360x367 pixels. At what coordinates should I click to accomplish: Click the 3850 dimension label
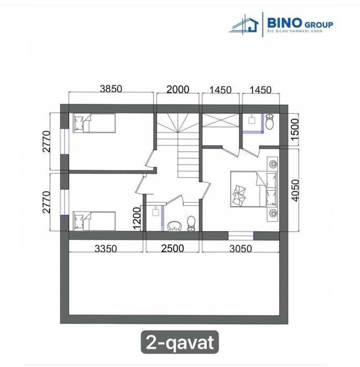point(111,89)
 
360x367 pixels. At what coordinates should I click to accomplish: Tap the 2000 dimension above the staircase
point(178,89)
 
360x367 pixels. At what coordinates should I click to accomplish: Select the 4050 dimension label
point(295,190)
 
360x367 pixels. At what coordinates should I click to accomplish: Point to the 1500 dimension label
point(295,129)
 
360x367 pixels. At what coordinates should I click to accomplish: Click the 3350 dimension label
point(105,248)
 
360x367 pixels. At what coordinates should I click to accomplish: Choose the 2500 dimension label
point(173,248)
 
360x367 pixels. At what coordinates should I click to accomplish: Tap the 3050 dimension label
point(241,249)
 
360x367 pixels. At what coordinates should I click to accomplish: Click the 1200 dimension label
point(136,218)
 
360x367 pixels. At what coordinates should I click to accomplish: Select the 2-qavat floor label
point(179,342)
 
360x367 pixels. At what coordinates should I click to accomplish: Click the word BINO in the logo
point(284,23)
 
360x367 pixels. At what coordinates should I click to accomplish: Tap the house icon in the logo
point(245,24)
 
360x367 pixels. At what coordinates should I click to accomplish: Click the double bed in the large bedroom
point(253,189)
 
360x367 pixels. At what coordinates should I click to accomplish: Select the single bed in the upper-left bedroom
point(94,123)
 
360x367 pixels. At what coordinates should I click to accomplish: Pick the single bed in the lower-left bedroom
point(94,221)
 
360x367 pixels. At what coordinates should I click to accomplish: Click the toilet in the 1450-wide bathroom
point(269,122)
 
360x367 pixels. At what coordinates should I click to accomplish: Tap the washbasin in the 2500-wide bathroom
point(174,226)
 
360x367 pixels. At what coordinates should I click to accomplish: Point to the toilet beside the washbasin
point(191,224)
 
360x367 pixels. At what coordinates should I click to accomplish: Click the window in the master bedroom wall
point(241,236)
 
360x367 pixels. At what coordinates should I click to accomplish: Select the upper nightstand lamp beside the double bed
point(272,164)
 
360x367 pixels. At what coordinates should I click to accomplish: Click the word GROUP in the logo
point(319,25)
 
